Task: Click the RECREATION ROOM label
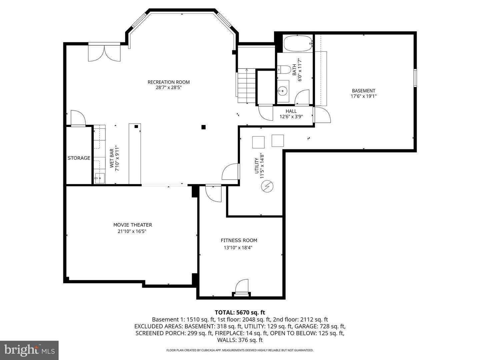169,82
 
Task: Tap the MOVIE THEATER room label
133,225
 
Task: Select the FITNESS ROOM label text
239,240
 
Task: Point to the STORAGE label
79,158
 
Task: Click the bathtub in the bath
297,43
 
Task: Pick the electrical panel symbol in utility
267,187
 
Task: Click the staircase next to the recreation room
246,86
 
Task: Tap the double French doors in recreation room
104,53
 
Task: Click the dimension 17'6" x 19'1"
363,96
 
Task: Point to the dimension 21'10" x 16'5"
130,231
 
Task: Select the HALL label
291,111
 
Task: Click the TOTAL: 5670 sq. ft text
240,312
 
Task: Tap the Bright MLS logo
29,350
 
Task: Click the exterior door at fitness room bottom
242,287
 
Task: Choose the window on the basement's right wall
415,78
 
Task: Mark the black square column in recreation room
203,127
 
